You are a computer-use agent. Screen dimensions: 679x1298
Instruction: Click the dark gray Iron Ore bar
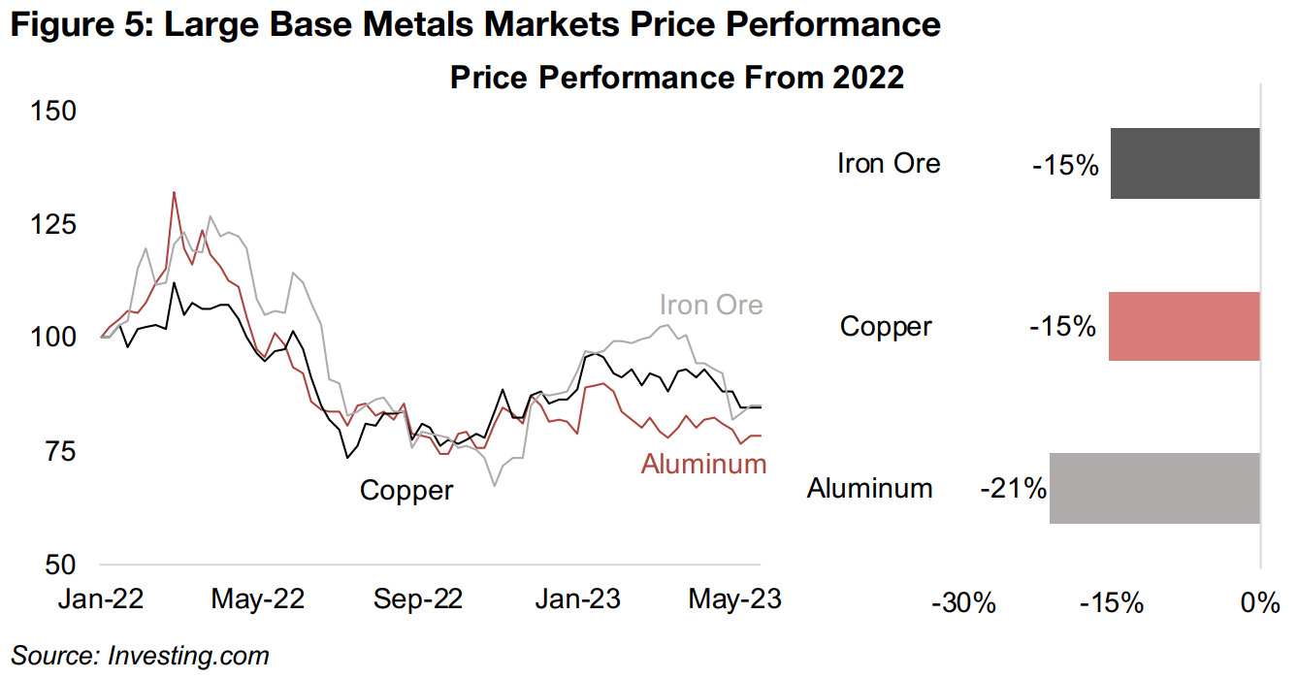tap(1184, 163)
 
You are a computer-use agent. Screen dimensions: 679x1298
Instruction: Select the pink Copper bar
tap(1184, 326)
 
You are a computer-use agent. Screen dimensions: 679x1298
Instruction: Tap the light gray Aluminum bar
tap(1154, 488)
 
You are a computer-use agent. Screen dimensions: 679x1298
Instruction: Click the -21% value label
tap(1013, 489)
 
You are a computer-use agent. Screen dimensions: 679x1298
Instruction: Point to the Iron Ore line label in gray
tap(711, 305)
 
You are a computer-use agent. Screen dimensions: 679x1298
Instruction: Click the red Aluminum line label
tap(703, 464)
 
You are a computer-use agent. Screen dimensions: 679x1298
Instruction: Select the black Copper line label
tap(406, 490)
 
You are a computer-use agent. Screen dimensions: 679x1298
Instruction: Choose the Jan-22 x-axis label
tap(101, 598)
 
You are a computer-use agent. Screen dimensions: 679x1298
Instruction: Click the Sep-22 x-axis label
tap(418, 598)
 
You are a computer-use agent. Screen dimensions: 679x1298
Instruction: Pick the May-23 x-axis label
tap(734, 598)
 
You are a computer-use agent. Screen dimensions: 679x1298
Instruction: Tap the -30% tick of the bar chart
tap(963, 603)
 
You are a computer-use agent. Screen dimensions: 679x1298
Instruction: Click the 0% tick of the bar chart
tap(1259, 603)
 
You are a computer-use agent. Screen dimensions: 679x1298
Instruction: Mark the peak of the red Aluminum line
tap(174, 192)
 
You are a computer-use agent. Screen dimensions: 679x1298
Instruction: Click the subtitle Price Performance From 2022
tap(676, 78)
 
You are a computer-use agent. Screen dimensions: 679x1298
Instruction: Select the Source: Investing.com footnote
tap(140, 656)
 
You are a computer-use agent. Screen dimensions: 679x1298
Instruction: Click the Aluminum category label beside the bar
tap(869, 489)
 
